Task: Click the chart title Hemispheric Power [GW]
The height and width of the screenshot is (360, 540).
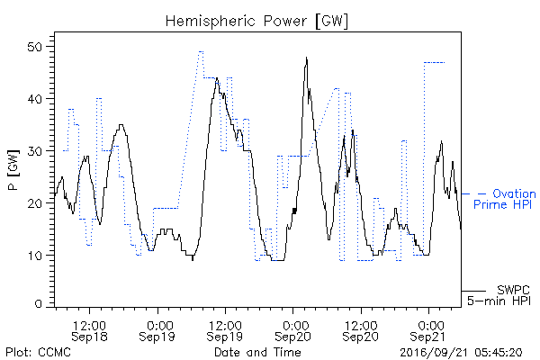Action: (256, 22)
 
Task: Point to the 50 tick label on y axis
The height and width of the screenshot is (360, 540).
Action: (35, 47)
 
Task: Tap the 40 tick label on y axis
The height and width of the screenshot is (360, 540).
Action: (35, 99)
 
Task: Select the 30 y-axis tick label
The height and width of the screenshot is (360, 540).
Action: (35, 151)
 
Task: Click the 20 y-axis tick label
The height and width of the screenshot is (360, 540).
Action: (35, 203)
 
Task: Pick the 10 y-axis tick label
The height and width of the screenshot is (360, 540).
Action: (36, 256)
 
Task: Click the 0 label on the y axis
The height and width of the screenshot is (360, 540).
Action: (39, 304)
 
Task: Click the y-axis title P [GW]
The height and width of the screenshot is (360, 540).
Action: (13, 170)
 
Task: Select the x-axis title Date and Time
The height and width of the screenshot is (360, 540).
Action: (257, 352)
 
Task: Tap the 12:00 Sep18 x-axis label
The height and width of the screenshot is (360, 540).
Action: (89, 330)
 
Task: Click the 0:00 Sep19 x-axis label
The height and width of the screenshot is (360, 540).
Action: (157, 330)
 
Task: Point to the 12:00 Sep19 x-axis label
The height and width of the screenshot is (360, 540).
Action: (225, 330)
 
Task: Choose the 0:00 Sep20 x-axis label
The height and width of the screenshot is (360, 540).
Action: (292, 330)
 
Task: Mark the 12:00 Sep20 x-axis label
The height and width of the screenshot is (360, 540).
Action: (361, 330)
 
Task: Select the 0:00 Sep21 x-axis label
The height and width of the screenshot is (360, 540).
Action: (428, 330)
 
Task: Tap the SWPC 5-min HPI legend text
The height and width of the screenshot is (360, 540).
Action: (499, 295)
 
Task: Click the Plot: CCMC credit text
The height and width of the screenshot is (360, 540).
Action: (38, 352)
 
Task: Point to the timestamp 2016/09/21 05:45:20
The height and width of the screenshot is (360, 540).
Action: (461, 353)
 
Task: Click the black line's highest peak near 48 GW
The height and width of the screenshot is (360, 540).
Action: (307, 58)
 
